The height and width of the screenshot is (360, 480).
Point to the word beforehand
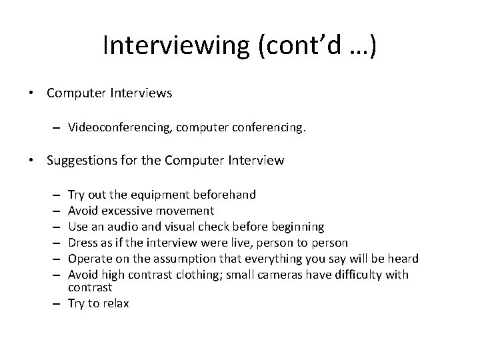tap(224, 195)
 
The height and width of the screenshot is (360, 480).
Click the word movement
tap(187, 211)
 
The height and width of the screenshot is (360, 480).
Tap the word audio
tap(121, 227)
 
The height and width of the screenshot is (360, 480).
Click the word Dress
tap(83, 243)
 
